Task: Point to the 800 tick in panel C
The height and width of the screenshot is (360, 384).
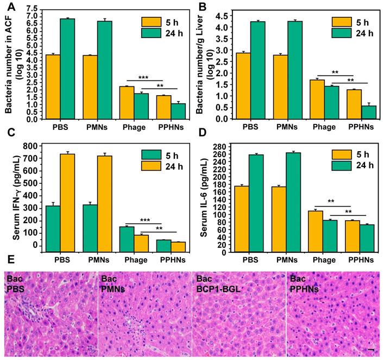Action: [x=32, y=146]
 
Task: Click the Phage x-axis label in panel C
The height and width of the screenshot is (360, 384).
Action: [x=127, y=260]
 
